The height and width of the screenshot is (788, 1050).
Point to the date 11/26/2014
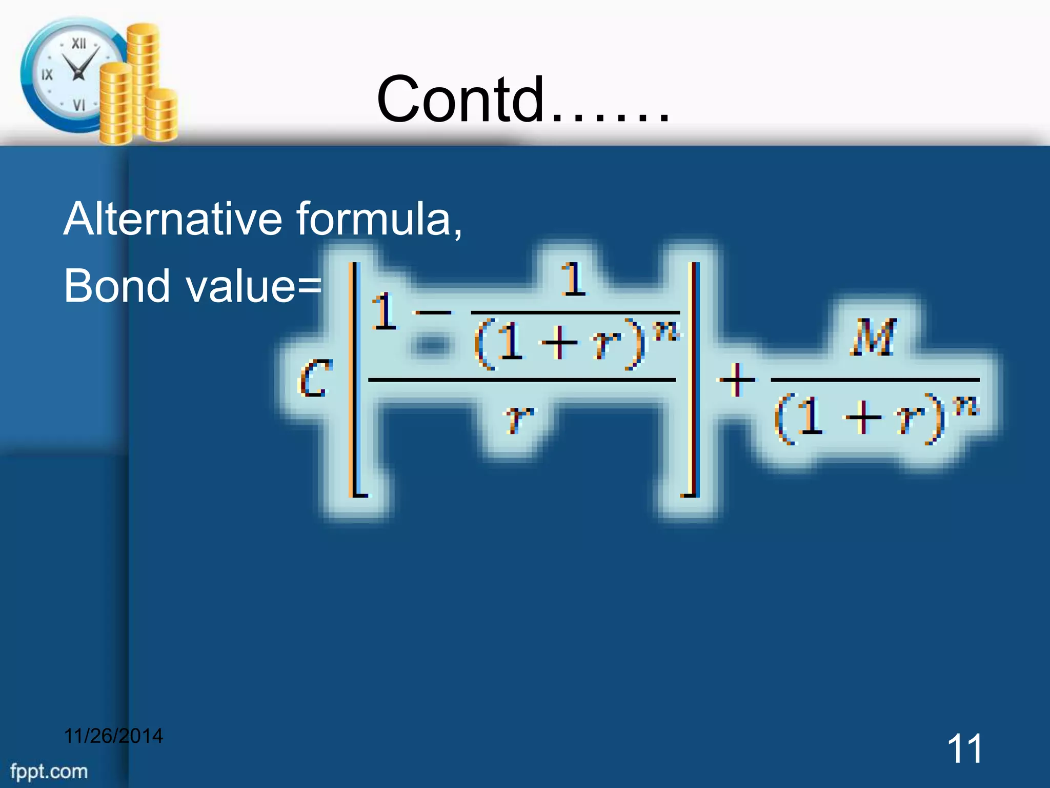tap(113, 736)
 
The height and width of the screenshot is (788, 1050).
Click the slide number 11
tap(964, 748)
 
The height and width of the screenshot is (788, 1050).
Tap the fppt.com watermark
tap(49, 771)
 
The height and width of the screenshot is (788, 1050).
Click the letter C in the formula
tap(314, 378)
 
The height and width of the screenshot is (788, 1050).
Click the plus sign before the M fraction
tap(737, 380)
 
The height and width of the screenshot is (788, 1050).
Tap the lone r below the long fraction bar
tap(519, 418)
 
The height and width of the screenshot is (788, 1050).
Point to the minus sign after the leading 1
tap(433, 312)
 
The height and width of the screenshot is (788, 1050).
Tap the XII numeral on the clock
tap(78, 44)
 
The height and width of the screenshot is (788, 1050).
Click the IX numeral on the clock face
tap(47, 75)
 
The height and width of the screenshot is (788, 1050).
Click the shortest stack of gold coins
tap(162, 115)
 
